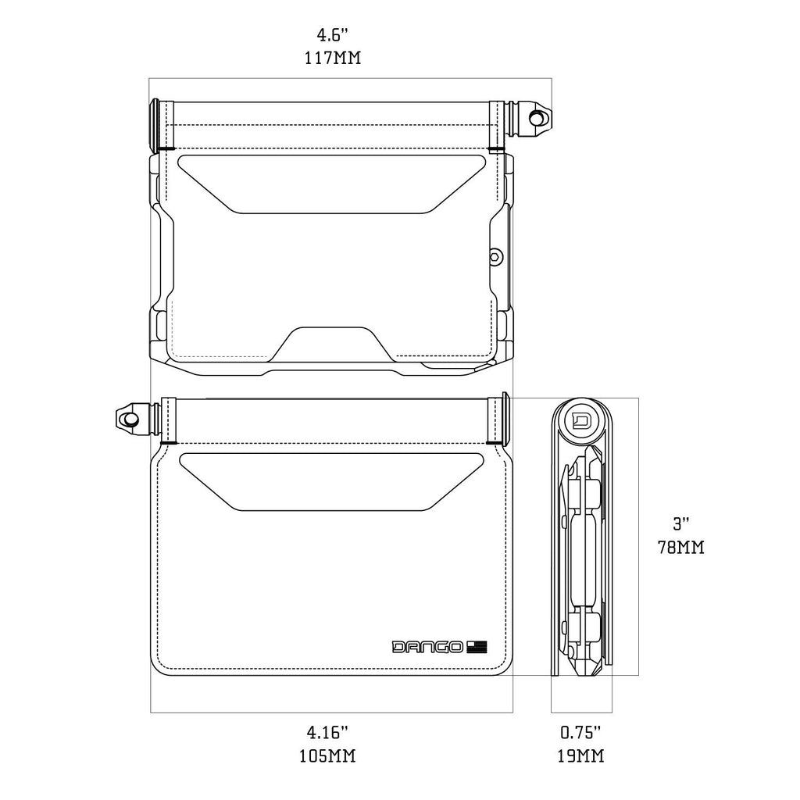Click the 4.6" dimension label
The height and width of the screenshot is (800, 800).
tap(332, 35)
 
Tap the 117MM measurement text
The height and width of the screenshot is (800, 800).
tap(333, 58)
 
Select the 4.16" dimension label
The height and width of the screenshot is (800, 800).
tap(327, 733)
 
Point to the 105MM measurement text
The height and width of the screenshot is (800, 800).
tap(327, 755)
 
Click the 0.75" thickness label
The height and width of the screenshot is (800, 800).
tap(581, 733)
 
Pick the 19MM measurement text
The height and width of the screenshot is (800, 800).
tap(581, 755)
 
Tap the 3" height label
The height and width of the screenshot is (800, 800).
tap(681, 523)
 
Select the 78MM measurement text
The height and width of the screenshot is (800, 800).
tap(681, 547)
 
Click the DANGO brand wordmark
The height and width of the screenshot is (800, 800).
tap(427, 647)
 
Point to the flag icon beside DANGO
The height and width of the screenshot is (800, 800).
tap(477, 647)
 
